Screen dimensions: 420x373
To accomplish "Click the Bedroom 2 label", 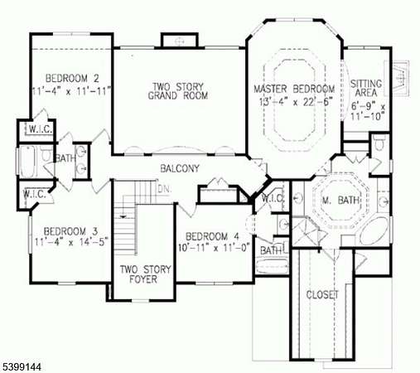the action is click(72, 79).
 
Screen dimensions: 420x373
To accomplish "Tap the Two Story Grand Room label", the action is click(178, 91).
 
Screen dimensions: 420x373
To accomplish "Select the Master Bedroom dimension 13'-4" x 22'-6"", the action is click(296, 102).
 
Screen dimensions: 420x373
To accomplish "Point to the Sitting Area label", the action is click(366, 88).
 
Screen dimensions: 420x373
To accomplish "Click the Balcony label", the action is click(180, 168).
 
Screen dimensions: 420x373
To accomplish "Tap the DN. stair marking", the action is click(165, 189).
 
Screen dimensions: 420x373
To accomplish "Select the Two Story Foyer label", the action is click(146, 274).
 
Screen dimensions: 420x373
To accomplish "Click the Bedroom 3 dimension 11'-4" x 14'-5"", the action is click(71, 242).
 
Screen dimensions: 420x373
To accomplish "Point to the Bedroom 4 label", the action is click(212, 236).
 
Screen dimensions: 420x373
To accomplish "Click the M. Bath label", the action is click(341, 200).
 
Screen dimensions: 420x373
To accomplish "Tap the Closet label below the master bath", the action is click(322, 295).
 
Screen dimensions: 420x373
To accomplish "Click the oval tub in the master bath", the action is click(374, 230).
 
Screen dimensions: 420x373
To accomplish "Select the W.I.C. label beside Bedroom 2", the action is click(41, 129).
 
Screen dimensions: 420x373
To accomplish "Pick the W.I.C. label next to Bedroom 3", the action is click(35, 194).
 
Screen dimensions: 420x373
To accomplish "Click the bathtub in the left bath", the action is click(27, 162).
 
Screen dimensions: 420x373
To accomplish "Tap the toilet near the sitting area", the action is click(380, 143).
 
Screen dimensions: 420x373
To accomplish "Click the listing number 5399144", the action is click(22, 366).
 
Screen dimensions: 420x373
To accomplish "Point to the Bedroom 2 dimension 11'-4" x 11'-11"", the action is click(71, 90).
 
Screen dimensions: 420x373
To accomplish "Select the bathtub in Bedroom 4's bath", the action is click(272, 266).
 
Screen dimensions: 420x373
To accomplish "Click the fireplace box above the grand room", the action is click(180, 41).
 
